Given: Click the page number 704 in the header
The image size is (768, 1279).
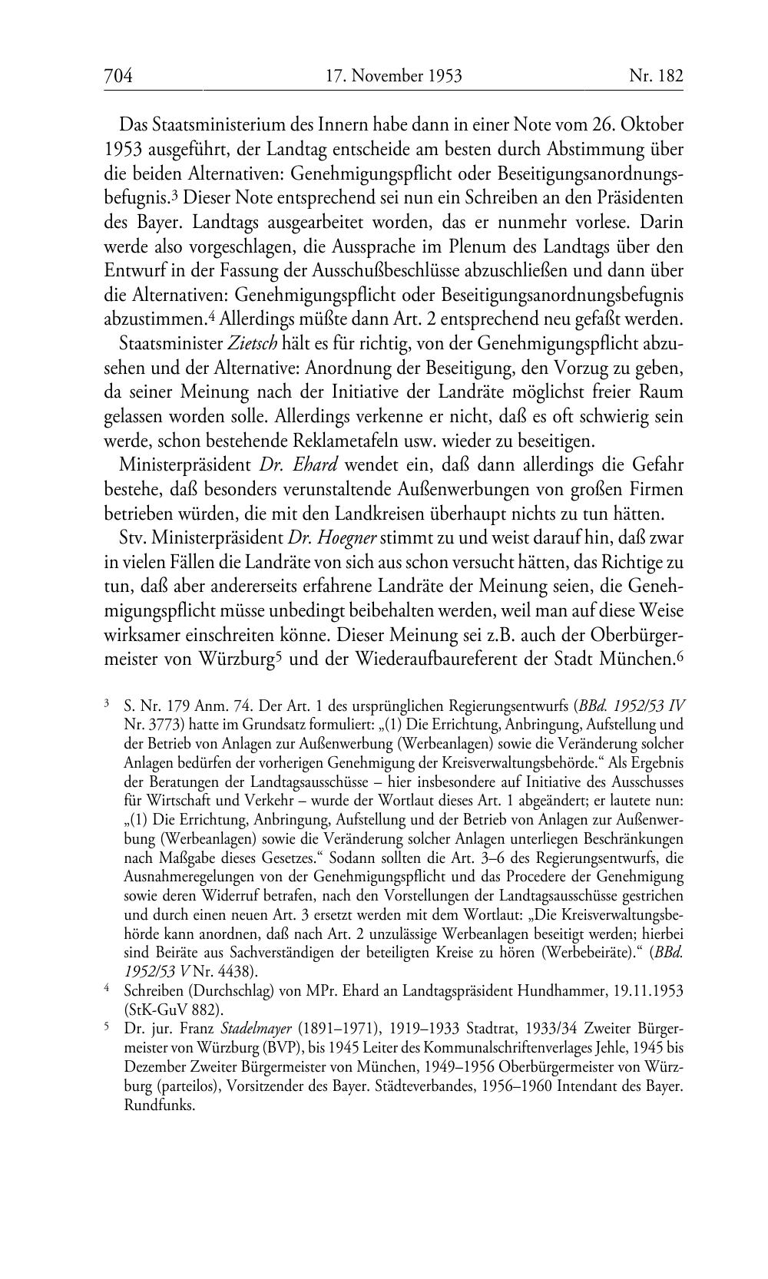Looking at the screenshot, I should (118, 76).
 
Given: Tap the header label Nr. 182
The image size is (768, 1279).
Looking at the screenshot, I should (656, 76).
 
